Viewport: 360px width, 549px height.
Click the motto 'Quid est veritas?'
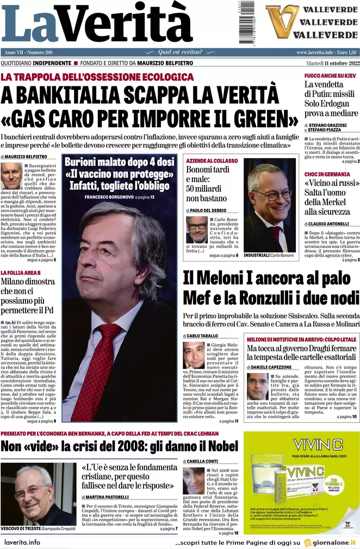pyautogui.click(x=179, y=52)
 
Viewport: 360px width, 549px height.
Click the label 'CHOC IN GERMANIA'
pyautogui.click(x=327, y=174)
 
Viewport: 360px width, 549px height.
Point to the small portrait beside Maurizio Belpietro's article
pyautogui.click(x=11, y=176)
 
